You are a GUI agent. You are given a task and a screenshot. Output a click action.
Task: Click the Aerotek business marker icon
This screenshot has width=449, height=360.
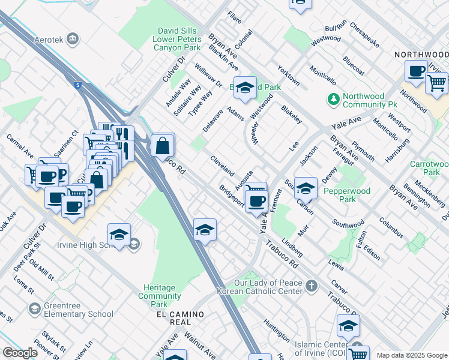tap(73, 39)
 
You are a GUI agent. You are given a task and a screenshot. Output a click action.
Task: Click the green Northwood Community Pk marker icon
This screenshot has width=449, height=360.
tap(333, 98)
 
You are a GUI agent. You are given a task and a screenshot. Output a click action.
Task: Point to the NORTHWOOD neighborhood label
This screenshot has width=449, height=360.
tap(421, 55)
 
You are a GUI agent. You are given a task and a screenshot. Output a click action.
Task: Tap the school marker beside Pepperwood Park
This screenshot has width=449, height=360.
tap(306, 190)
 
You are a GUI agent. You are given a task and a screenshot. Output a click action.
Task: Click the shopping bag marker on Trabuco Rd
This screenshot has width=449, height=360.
tap(163, 145)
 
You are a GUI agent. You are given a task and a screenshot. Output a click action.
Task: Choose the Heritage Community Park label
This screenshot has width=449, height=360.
tap(160, 292)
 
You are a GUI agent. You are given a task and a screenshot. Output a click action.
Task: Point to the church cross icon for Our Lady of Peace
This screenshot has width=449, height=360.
tap(311, 286)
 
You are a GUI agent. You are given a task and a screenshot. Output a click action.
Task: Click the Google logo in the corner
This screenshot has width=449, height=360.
tap(20, 353)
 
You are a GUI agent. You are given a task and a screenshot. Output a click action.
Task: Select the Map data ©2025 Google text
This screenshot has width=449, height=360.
tap(412, 355)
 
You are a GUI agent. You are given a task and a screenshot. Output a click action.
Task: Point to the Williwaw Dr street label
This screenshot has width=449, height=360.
tap(208, 76)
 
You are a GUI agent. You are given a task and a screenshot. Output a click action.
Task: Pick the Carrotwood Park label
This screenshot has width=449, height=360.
tap(429, 168)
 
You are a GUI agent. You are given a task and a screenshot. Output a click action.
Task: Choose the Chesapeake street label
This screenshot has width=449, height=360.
tap(364, 35)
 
